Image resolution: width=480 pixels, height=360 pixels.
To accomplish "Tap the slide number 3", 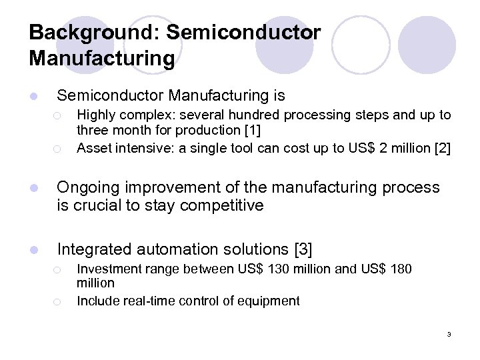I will pos(449,334).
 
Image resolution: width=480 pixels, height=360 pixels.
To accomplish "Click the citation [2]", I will pos(442,147).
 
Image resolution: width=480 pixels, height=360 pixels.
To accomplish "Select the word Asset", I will pos(93,147).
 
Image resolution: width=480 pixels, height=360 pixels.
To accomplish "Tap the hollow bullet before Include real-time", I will pos(59,301).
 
